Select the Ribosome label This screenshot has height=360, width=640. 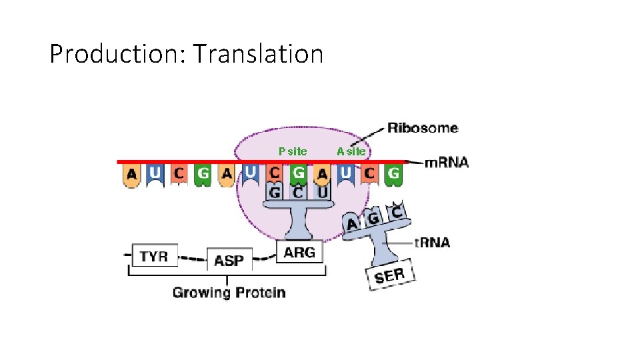(x=423, y=128)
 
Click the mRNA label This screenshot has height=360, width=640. (x=447, y=162)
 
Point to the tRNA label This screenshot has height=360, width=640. (x=431, y=242)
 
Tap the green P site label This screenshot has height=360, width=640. (x=293, y=151)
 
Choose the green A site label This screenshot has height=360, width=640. (x=351, y=151)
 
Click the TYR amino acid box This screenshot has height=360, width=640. (x=155, y=255)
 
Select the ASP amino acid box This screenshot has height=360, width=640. (x=229, y=260)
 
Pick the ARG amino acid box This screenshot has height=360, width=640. (x=299, y=252)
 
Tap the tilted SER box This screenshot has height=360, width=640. (x=390, y=274)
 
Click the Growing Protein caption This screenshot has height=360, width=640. (x=229, y=292)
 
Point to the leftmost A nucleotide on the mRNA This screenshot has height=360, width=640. (x=132, y=175)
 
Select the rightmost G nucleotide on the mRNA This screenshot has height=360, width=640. (x=394, y=175)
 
